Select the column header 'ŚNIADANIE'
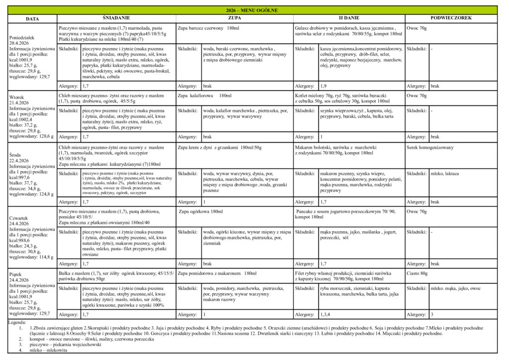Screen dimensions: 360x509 point(116,18)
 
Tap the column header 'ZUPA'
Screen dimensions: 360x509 point(235,18)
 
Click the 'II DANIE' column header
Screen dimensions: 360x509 point(348,18)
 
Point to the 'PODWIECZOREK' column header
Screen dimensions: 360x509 point(451,18)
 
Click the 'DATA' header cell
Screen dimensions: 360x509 point(32,18)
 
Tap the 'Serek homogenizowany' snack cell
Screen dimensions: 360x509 point(430,148)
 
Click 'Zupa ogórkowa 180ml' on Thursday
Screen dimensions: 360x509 point(201,212)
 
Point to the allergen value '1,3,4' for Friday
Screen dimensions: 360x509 point(327,314)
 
